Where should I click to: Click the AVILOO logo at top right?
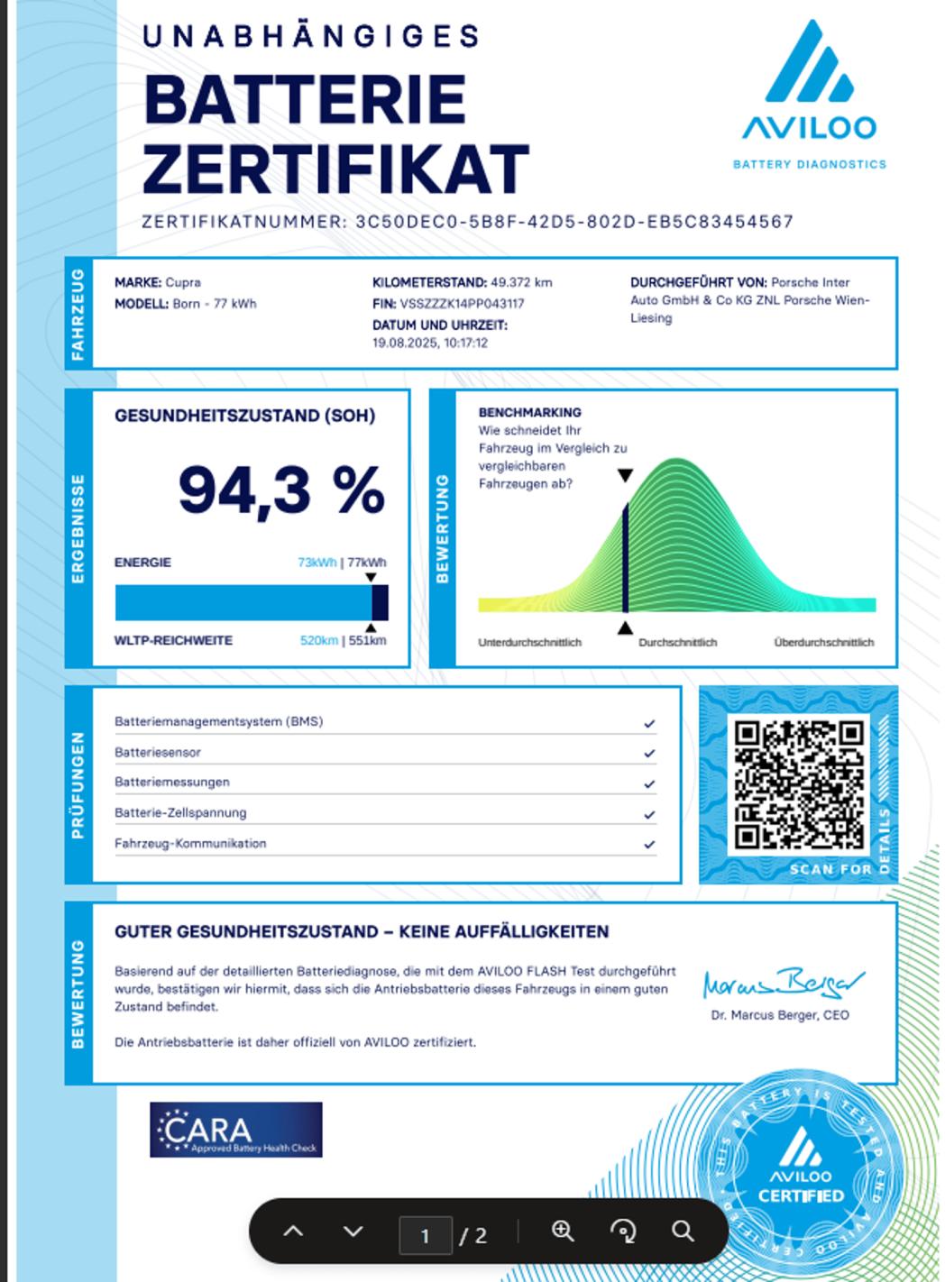pos(809,86)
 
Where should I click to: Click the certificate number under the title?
pos(573,222)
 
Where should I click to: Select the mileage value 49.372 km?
pos(521,282)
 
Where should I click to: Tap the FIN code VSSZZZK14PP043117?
pos(462,304)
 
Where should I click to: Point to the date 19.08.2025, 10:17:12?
pos(430,343)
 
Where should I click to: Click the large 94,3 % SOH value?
pos(280,490)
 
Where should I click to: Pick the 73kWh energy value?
pos(317,563)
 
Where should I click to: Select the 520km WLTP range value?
pos(318,641)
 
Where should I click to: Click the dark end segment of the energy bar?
pos(380,602)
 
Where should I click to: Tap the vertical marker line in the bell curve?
pos(625,559)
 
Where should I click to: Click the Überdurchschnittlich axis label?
pos(823,643)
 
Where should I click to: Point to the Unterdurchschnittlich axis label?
pos(529,643)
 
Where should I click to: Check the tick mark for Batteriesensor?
pos(649,754)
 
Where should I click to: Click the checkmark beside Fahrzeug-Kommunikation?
pos(649,845)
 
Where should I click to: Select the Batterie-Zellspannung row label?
pos(180,813)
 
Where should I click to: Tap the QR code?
pos(798,784)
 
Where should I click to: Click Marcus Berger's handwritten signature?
pos(782,983)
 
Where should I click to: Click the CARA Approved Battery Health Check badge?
pos(236,1130)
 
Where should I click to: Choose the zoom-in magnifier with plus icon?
pos(563,1232)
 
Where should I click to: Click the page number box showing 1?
pos(426,1235)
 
